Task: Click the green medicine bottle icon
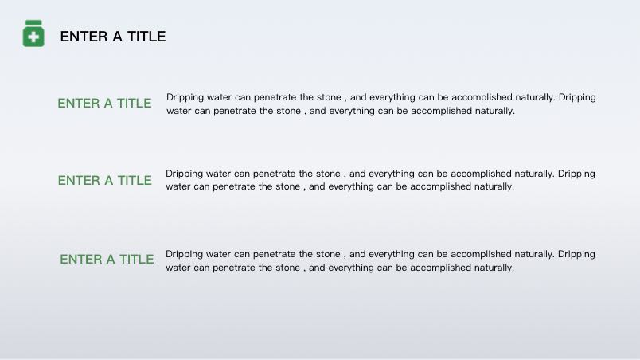point(33,33)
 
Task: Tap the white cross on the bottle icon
point(33,37)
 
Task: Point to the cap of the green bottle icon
point(33,23)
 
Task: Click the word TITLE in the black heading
point(146,37)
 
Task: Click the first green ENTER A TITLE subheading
point(104,104)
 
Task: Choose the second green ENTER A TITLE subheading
point(105,181)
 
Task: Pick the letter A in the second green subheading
point(108,181)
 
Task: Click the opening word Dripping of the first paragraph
point(185,97)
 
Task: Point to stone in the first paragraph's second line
point(287,111)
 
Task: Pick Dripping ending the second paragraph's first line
point(576,174)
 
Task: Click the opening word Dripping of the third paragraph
point(184,254)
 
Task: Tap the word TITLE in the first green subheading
point(135,104)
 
